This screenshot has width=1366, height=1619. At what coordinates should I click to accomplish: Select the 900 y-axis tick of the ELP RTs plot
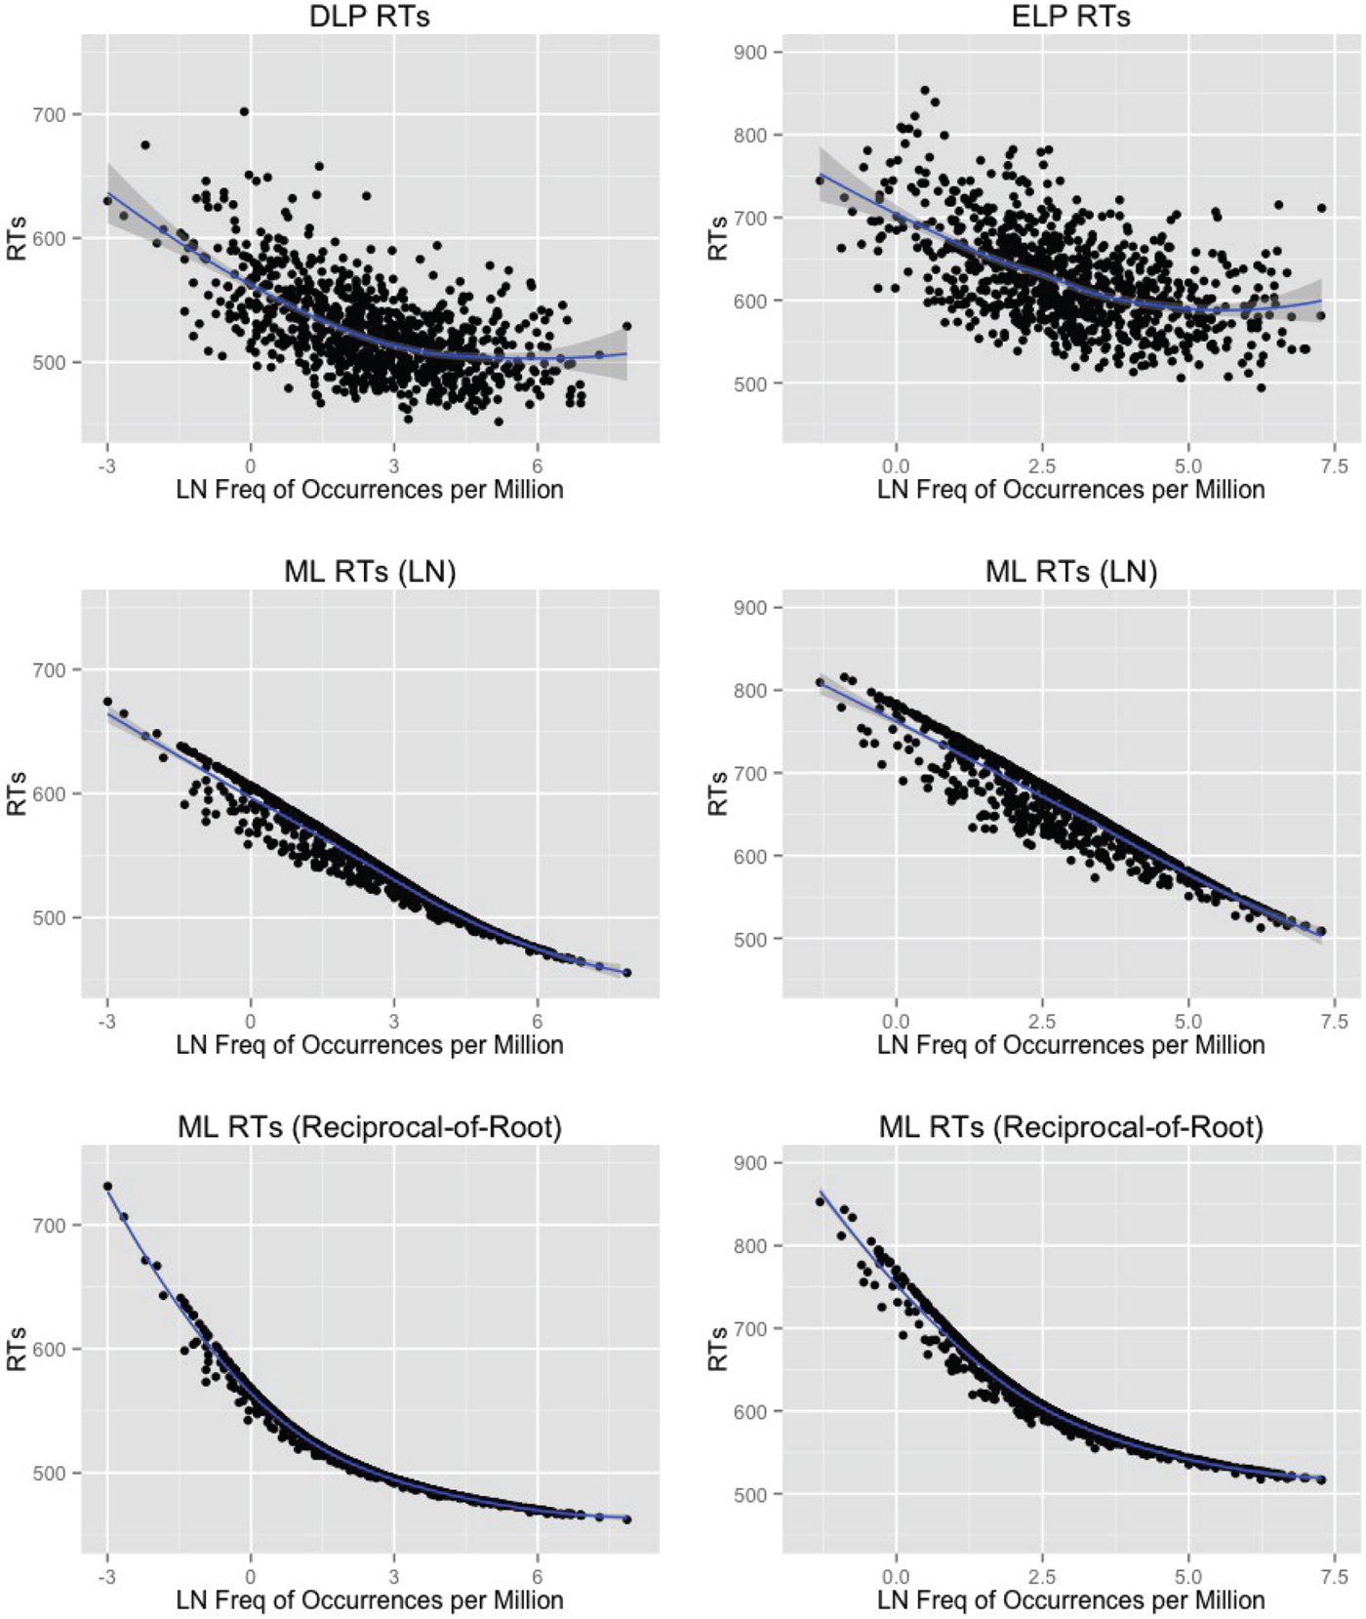pos(751,52)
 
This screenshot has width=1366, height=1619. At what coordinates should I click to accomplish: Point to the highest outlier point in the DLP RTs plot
pos(244,111)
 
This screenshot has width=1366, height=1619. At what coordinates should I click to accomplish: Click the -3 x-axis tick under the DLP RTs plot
pos(107,466)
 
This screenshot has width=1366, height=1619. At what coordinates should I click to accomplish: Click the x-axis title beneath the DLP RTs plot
pos(369,490)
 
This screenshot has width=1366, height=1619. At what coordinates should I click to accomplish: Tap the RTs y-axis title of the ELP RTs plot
pos(719,238)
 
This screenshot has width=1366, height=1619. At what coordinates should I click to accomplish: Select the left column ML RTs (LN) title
pos(369,571)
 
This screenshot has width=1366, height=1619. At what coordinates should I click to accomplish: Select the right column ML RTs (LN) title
pos(1070,571)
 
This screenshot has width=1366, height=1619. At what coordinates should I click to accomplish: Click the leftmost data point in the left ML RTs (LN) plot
pos(107,701)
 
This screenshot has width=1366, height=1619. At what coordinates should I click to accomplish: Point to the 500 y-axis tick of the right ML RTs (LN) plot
pos(751,939)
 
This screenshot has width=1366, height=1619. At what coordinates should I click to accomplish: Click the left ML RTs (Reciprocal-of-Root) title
pos(369,1127)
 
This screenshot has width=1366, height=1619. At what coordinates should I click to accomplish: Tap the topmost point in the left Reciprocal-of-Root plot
pos(107,1186)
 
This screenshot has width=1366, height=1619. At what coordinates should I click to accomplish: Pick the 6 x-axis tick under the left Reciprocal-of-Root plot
pos(537,1577)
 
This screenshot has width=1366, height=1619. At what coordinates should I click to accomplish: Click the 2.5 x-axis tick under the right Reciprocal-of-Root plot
pos(1041,1577)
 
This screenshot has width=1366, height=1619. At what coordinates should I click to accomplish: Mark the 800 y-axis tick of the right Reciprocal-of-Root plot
pos(751,1245)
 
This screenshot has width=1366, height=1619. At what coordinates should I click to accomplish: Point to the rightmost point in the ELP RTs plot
pos(1321,208)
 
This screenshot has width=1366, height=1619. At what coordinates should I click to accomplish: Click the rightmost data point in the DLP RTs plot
pos(626,326)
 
